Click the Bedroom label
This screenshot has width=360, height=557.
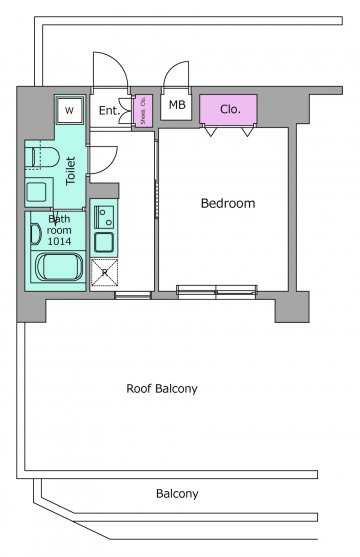pyautogui.click(x=228, y=203)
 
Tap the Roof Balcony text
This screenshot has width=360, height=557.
pyautogui.click(x=162, y=388)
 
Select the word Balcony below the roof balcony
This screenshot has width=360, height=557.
pyautogui.click(x=177, y=493)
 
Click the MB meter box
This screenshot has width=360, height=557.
pyautogui.click(x=177, y=105)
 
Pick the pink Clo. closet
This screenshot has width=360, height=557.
pyautogui.click(x=228, y=109)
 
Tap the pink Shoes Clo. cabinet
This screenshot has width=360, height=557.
pyautogui.click(x=143, y=111)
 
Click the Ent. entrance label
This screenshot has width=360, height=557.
pyautogui.click(x=109, y=110)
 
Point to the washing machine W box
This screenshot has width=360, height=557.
pyautogui.click(x=70, y=110)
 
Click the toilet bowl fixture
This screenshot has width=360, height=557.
pyautogui.click(x=42, y=157)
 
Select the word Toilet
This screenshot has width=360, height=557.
pyautogui.click(x=71, y=171)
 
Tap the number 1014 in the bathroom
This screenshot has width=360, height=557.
pyautogui.click(x=59, y=241)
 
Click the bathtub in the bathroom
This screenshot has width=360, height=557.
pyautogui.click(x=59, y=267)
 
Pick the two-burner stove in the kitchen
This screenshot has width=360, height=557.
pyautogui.click(x=104, y=217)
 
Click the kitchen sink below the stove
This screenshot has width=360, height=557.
pyautogui.click(x=104, y=242)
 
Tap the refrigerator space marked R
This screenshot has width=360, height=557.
pyautogui.click(x=104, y=272)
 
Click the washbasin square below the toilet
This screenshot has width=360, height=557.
pyautogui.click(x=37, y=192)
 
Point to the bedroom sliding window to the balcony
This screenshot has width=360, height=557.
pyautogui.click(x=217, y=292)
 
